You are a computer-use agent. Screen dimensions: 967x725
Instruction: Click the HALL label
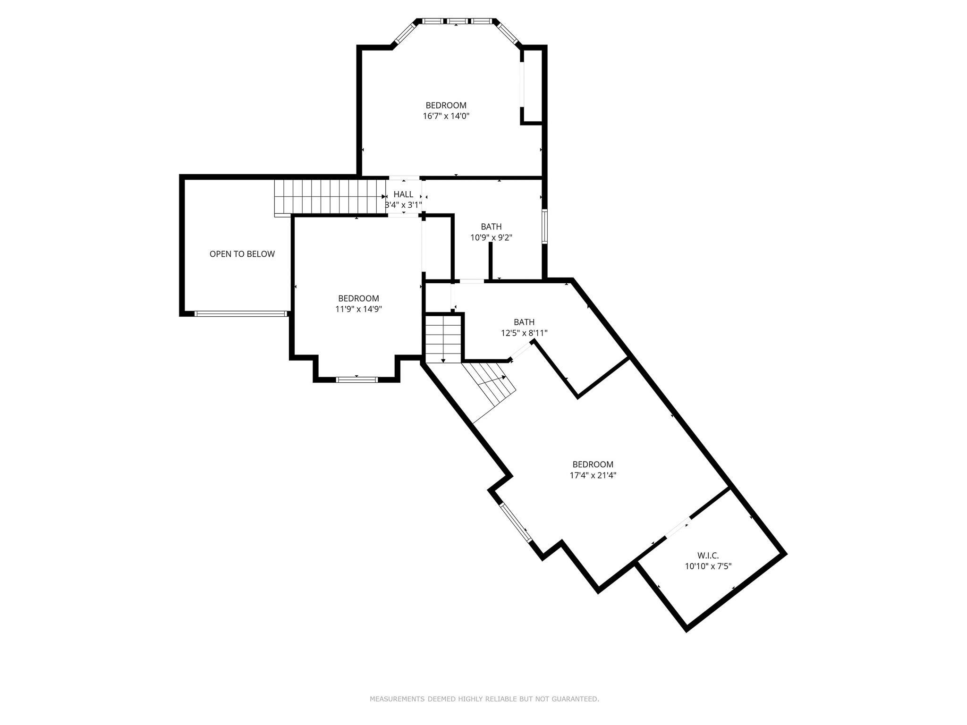pos(403,194)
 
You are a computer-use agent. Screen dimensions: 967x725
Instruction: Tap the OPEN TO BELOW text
pos(242,254)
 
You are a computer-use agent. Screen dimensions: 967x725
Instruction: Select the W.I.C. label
pos(708,556)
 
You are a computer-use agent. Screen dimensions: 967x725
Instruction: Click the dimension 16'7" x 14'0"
pos(446,116)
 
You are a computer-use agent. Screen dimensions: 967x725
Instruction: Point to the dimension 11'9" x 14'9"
pos(358,309)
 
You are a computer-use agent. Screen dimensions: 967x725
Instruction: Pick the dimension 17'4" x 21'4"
pos(593,475)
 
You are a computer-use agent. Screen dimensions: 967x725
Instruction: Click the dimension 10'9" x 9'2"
pos(492,237)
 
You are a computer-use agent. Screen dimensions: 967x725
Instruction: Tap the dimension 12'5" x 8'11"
pos(524,333)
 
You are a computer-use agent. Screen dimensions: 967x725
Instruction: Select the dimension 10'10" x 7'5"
pos(708,566)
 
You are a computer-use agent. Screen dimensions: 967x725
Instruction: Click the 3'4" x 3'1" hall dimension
pos(403,205)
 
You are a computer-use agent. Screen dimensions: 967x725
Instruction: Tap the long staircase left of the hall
pos(330,197)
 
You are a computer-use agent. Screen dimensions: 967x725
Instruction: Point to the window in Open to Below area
pos(241,313)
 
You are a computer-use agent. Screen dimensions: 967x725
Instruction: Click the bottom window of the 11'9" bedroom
pos(357,379)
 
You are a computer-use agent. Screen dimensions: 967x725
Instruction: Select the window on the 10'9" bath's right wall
pos(544,227)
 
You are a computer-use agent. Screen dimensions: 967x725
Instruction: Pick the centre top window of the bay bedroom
pos(457,21)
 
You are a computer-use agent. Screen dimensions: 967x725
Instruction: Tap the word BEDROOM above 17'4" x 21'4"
pos(593,464)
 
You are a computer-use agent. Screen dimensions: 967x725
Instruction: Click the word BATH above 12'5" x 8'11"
pos(524,322)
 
